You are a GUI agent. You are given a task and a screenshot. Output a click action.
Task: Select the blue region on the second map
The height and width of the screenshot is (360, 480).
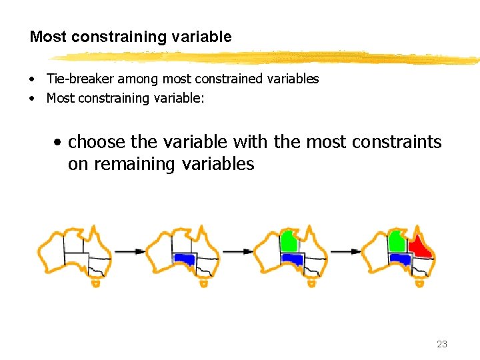coord(183,259)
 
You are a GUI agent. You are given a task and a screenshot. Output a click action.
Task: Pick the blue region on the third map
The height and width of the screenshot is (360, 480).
coord(291,259)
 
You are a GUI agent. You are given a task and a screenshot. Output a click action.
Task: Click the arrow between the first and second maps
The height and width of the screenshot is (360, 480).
coord(129,251)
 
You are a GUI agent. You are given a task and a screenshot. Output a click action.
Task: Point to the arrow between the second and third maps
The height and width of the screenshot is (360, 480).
coord(237,251)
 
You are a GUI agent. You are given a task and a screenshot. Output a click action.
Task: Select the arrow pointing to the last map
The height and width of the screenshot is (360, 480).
coord(345,251)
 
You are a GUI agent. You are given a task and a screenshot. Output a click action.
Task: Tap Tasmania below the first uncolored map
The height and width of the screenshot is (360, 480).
coord(95,283)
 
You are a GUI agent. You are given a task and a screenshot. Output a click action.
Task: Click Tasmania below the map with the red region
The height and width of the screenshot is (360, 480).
coord(419,283)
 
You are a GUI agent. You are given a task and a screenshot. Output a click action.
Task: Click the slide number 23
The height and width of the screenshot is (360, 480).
coord(441,344)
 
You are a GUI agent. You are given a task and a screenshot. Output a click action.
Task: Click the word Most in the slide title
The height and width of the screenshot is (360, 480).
coord(45,37)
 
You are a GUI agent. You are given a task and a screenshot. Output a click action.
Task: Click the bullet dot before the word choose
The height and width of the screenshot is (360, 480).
coord(59,143)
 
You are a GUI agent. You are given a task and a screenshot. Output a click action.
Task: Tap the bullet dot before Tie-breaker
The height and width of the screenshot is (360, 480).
coord(32,79)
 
